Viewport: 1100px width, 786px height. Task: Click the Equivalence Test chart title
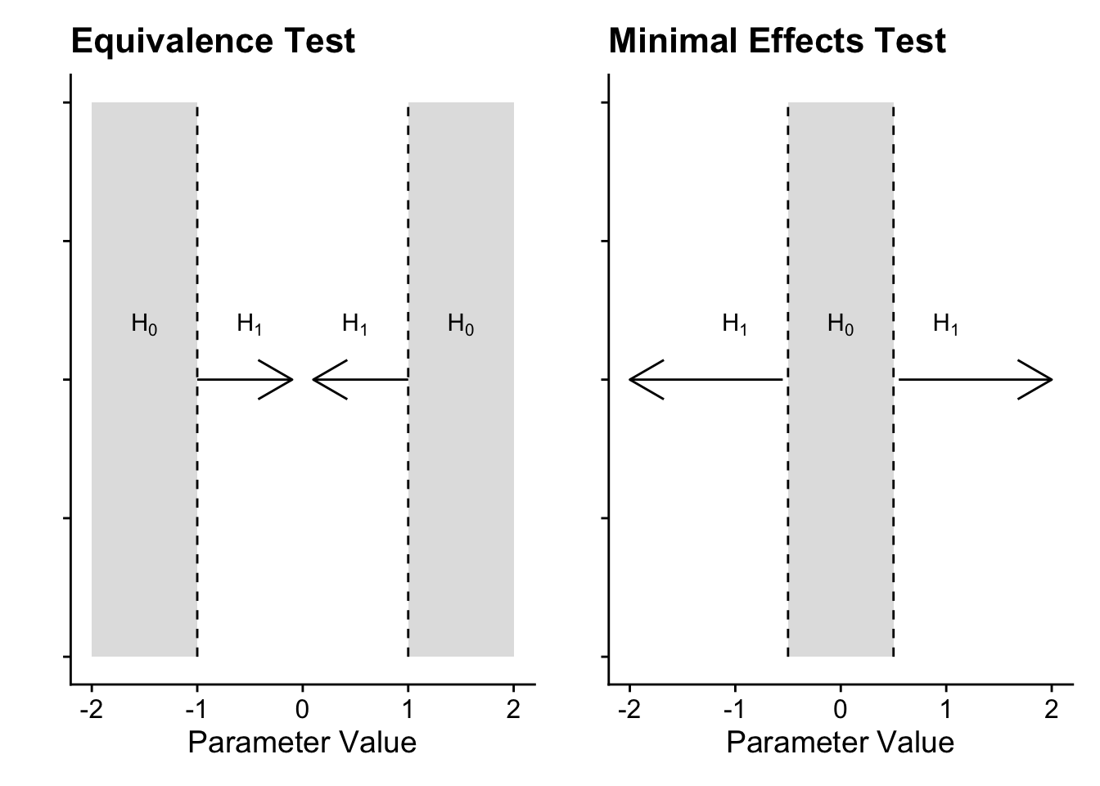pos(213,41)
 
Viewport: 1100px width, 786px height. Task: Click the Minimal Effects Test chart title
pos(777,41)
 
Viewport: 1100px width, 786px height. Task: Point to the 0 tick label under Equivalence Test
pos(303,709)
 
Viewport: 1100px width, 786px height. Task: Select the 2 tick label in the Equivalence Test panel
pos(513,709)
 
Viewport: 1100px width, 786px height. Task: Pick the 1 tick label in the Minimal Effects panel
pos(946,709)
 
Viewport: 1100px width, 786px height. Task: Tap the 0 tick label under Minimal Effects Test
pos(841,709)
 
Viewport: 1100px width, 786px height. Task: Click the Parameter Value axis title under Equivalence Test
pos(302,743)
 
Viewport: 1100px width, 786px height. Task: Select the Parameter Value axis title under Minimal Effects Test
pos(840,743)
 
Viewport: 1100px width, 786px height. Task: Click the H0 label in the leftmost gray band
pos(144,325)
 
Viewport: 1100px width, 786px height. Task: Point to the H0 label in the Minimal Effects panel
pos(841,325)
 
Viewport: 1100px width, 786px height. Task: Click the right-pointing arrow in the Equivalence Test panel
pos(245,380)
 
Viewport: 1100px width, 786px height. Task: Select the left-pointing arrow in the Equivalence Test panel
pos(360,380)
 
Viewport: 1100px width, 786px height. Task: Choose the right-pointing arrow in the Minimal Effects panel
pos(975,380)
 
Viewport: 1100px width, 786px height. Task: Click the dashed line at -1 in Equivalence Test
pos(197,491)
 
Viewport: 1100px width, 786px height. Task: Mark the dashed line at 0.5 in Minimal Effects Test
pos(893,491)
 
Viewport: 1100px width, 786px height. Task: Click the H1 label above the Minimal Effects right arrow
pos(946,325)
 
